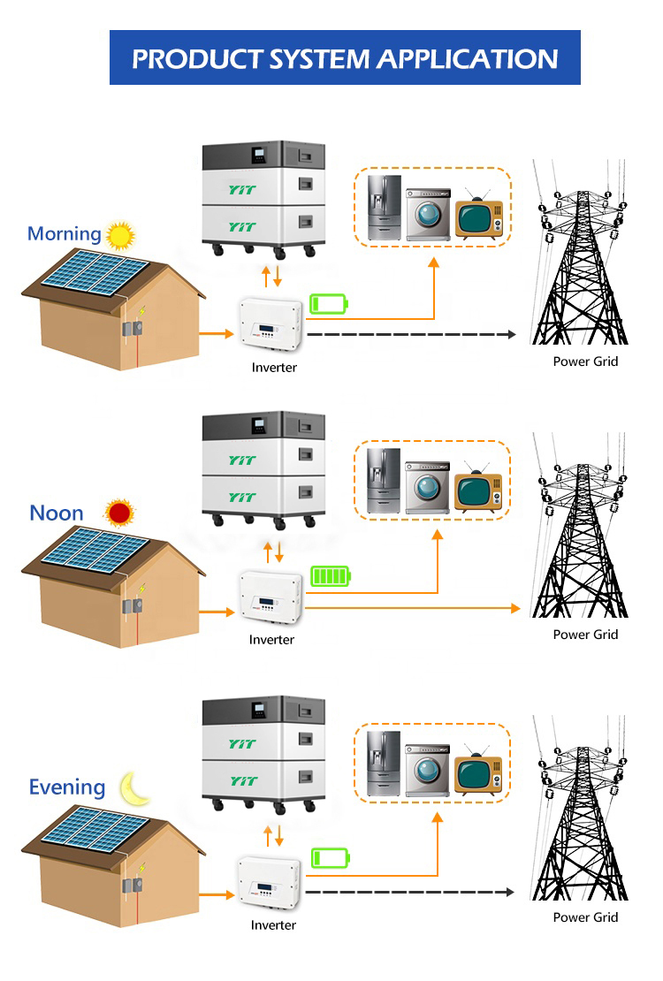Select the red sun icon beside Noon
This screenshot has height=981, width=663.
118,513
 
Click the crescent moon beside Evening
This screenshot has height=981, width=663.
136,787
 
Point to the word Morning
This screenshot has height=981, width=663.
64,234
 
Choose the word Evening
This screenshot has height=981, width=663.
67,787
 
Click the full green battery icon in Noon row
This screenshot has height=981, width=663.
330,577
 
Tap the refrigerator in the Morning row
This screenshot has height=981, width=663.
385,207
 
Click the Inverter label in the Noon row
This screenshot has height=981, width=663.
271,640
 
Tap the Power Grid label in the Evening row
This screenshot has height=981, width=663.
585,917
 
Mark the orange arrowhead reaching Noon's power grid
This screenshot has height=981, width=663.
516,608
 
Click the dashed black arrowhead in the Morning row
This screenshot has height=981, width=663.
512,335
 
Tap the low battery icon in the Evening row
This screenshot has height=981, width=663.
331,857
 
